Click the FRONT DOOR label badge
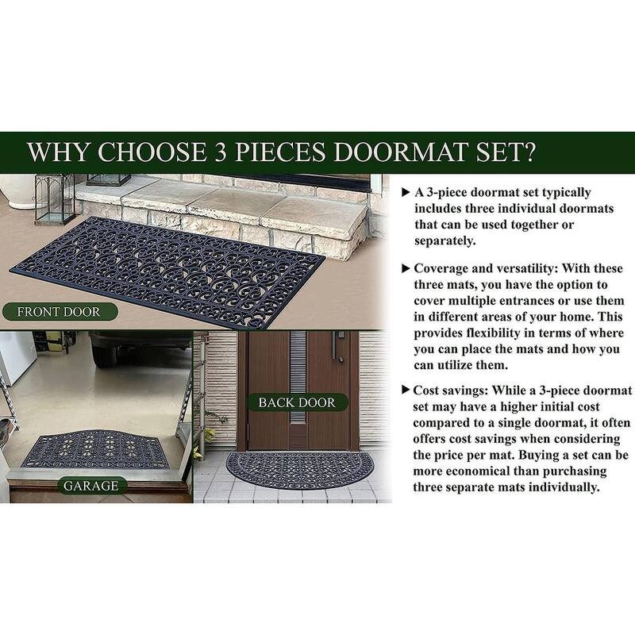point(60,312)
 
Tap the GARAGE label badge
point(91,486)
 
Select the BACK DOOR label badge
point(297,402)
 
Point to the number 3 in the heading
point(221,152)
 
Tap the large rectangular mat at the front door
point(167,271)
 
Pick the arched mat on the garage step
point(95,449)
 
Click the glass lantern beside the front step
point(54,199)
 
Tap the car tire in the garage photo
point(105,353)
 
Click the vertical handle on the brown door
point(334,345)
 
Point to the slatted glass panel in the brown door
point(298,377)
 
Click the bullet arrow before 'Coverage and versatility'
point(406,268)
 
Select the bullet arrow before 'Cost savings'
point(406,390)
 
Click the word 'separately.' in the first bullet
point(445,241)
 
